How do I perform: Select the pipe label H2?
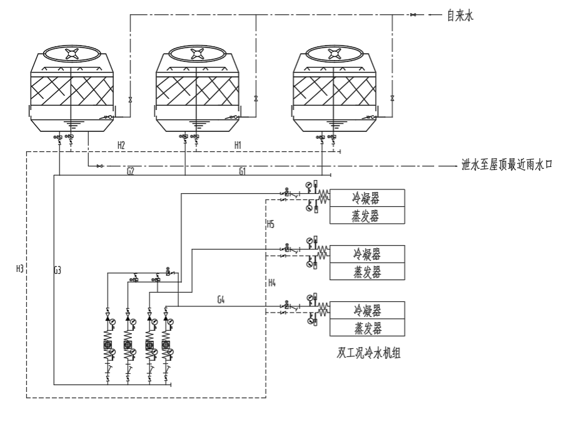121,145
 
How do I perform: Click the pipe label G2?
130,171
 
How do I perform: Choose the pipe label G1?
243,171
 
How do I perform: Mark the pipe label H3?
19,269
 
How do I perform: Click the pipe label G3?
58,271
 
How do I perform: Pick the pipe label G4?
221,300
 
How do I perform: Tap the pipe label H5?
271,224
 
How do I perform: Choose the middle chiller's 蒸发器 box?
367,272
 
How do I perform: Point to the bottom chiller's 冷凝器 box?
367,310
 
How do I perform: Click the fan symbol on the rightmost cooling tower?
335,54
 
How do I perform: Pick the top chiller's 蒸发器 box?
367,216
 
